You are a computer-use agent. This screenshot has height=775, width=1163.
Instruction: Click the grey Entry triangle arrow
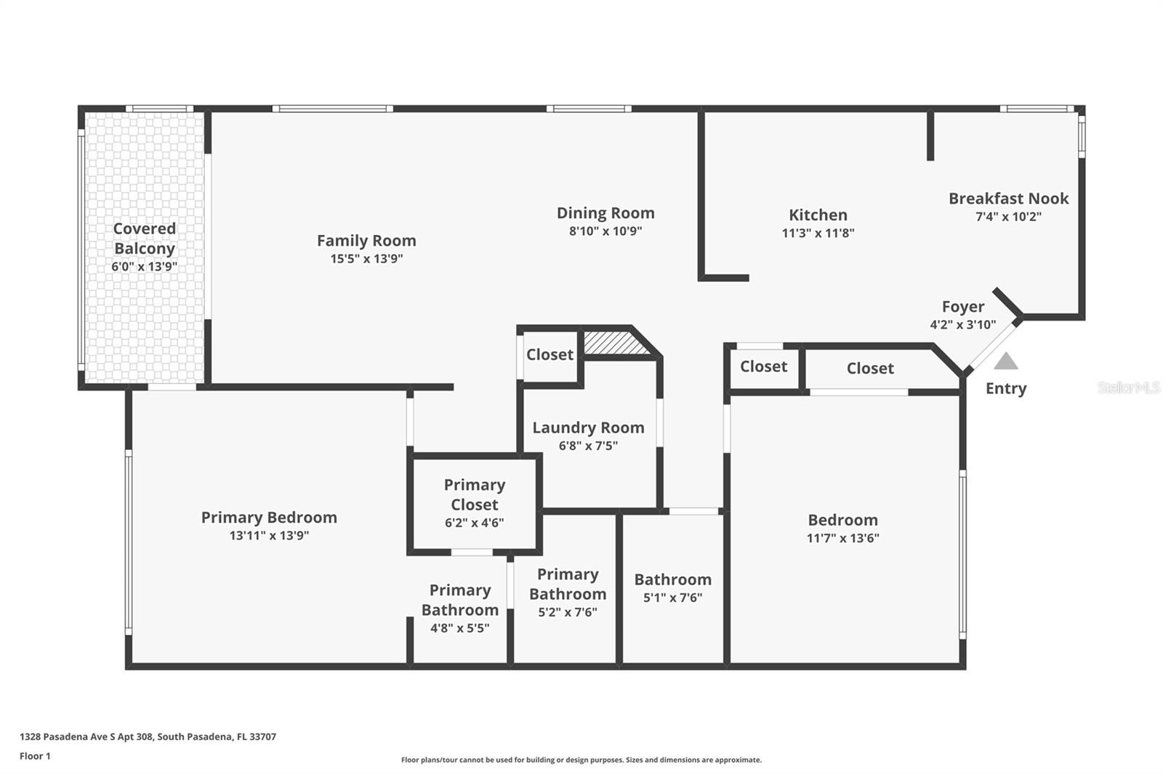point(1006,361)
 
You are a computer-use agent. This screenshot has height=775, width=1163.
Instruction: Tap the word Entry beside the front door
point(1006,388)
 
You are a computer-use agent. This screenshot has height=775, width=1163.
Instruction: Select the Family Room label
point(366,241)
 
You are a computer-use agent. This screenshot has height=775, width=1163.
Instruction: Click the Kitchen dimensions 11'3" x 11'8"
point(818,233)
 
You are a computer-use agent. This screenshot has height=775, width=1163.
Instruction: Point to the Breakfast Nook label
point(1008,198)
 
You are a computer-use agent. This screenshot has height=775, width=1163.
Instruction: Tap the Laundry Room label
point(588,427)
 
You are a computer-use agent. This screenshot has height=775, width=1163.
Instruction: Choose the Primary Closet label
point(475,494)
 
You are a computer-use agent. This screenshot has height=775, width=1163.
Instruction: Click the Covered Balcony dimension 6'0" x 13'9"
point(144,267)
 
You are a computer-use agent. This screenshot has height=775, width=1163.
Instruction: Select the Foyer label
point(963,307)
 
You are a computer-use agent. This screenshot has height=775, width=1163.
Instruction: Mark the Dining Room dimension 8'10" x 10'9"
point(605,232)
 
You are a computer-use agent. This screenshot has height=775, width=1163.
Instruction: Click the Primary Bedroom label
point(269,518)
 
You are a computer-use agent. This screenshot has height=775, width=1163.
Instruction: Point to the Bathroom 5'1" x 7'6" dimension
point(672,598)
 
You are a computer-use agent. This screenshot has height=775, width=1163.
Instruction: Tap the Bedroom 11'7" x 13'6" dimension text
point(842,539)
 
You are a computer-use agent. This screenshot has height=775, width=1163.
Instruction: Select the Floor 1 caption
point(35,756)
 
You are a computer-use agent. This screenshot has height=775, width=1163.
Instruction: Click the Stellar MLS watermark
point(1128,387)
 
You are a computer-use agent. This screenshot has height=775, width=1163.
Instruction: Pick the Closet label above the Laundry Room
point(550,355)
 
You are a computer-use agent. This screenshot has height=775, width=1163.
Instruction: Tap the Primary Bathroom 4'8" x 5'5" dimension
point(459,628)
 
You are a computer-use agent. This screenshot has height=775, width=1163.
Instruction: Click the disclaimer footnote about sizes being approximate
point(581,760)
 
